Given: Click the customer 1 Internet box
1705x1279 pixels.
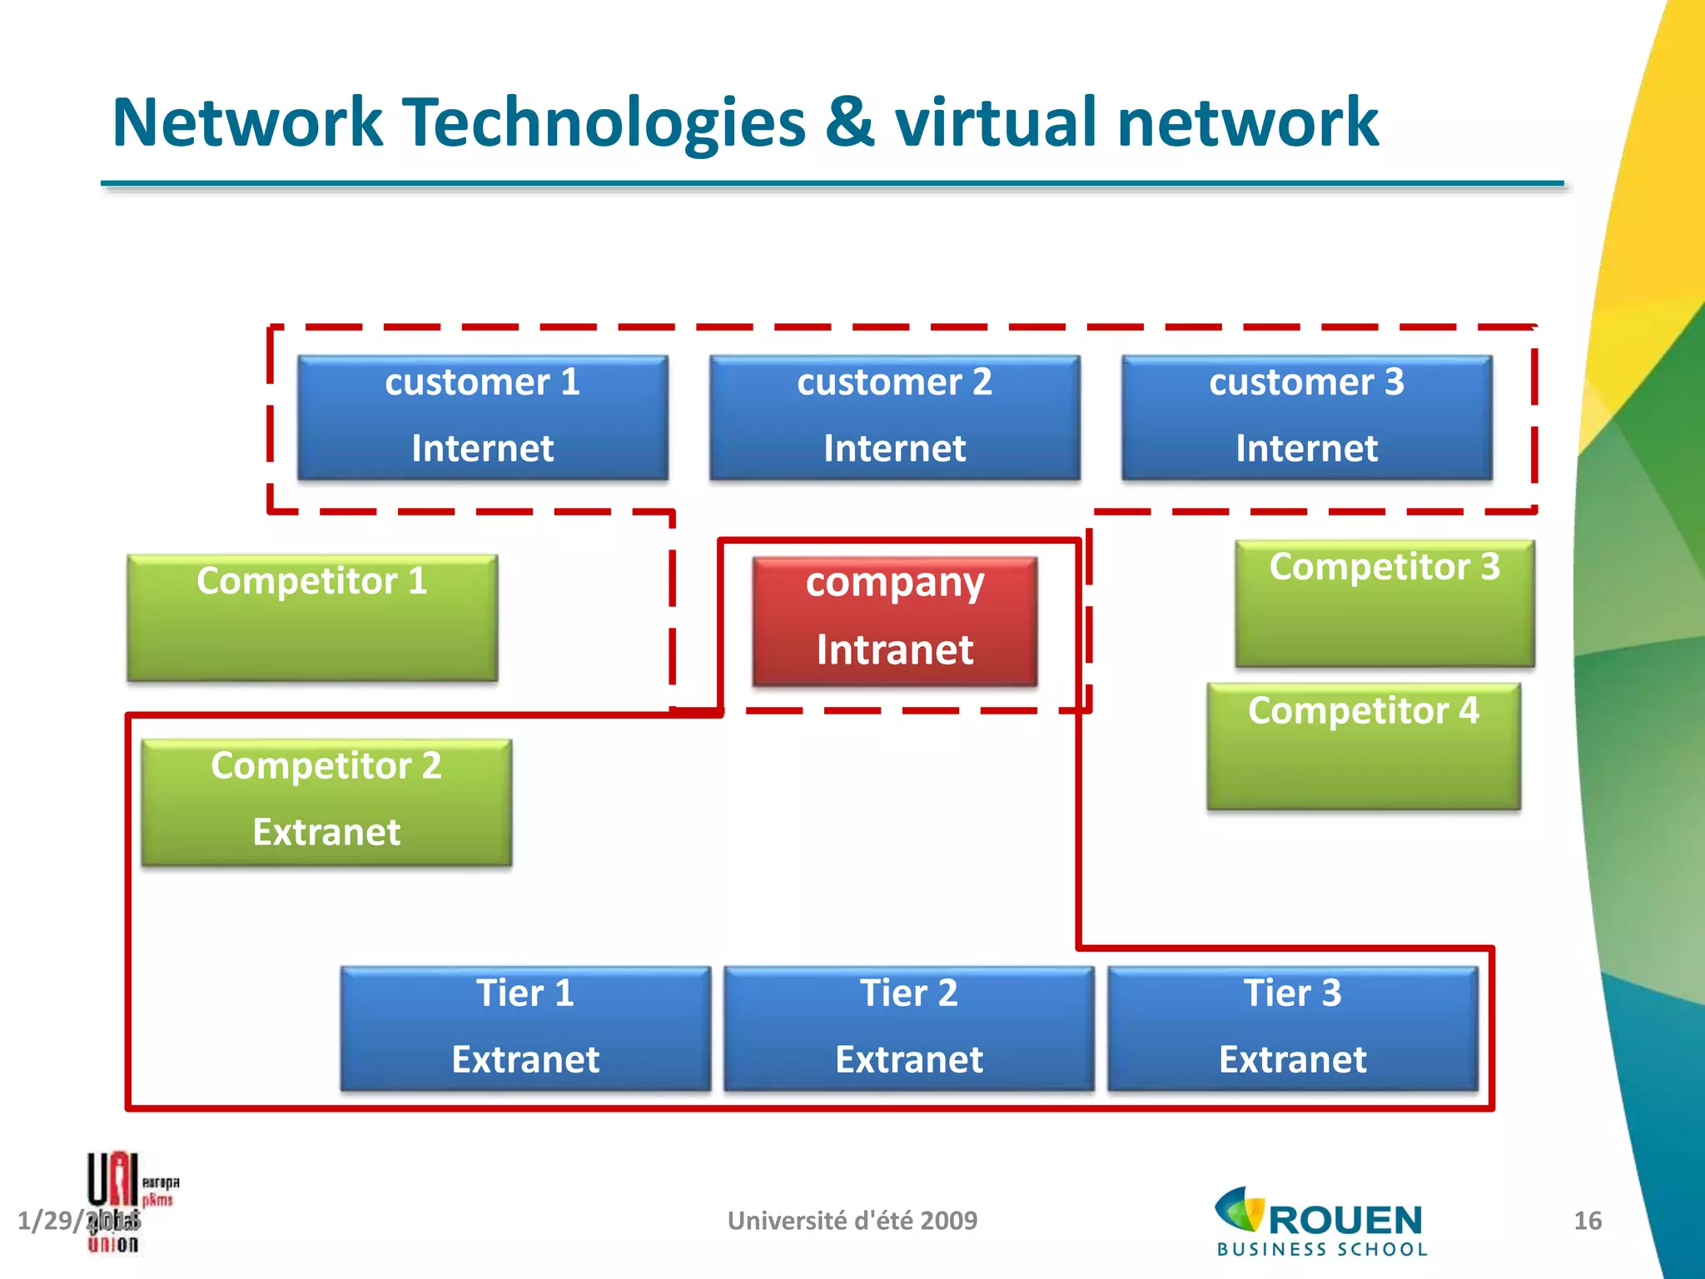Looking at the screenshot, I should (482, 417).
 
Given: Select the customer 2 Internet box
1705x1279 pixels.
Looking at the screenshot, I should (894, 417).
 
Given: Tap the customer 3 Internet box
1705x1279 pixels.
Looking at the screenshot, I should (1306, 417).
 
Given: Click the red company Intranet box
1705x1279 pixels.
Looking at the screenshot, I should (894, 621).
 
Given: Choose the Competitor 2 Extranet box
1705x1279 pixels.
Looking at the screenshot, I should (326, 802).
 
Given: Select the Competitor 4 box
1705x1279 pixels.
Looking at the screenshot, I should (1364, 746).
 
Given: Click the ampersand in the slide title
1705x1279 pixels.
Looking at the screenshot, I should (850, 123).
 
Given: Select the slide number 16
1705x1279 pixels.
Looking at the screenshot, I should (1587, 1221).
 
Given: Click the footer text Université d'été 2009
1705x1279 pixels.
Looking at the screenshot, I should (852, 1221).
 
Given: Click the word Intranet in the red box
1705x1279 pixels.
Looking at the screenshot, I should (894, 649).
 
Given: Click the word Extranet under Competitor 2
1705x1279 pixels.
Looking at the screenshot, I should (326, 832).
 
